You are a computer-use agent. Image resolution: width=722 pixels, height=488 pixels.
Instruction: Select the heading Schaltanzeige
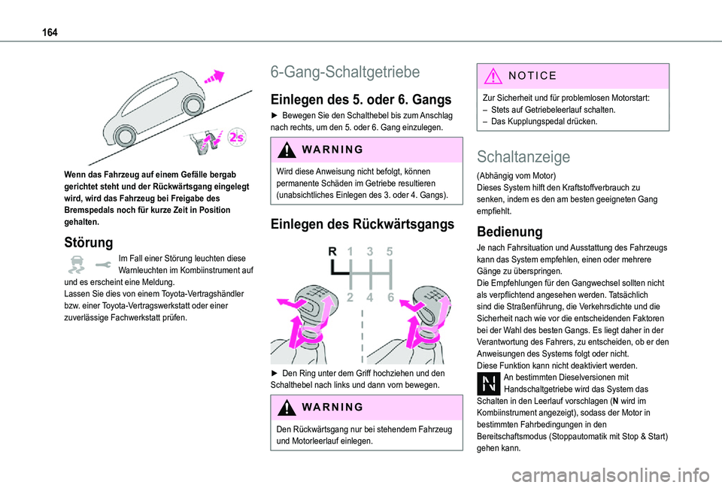tap(523, 156)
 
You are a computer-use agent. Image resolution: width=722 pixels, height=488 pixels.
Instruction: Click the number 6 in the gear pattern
tap(391, 297)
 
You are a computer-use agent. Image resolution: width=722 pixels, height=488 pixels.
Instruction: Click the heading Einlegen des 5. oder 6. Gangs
tap(360, 100)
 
